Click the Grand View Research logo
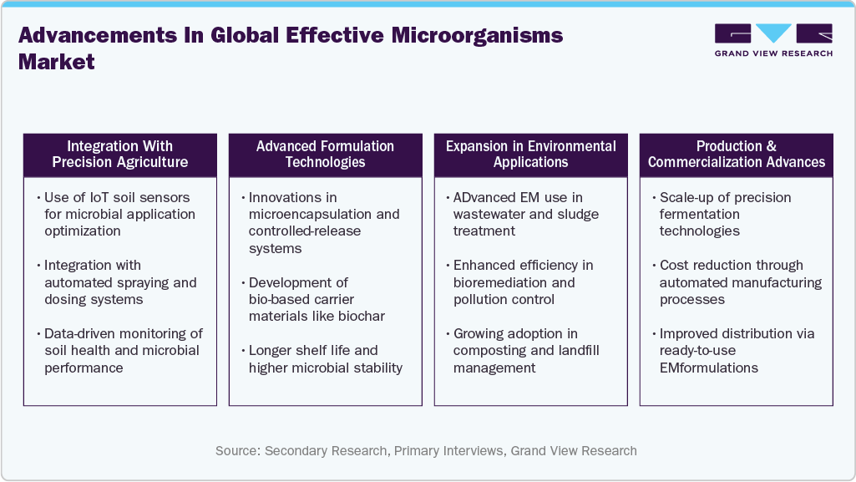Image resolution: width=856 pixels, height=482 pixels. [773, 40]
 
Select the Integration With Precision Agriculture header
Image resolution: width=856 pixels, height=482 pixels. [120, 155]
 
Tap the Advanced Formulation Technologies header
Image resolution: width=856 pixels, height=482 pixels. [325, 155]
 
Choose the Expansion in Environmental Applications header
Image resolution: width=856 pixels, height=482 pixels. [530, 155]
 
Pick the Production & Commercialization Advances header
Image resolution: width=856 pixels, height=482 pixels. [736, 155]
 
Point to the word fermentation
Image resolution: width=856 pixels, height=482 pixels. [699, 215]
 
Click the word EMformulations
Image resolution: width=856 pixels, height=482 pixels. [709, 368]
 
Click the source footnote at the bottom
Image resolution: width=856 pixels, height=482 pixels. [426, 451]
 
